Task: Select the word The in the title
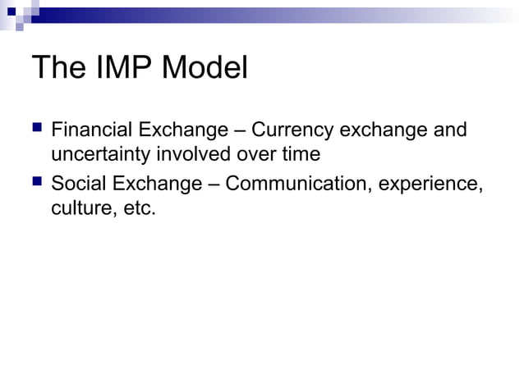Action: pos(58,68)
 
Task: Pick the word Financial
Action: pos(88,130)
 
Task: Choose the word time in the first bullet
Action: pos(301,154)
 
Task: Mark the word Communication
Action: pos(298,183)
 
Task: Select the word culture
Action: pos(79,208)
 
